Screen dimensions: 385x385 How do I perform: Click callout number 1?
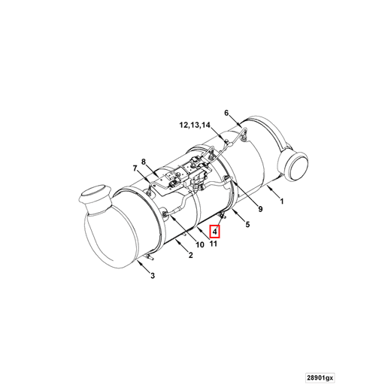click(280, 202)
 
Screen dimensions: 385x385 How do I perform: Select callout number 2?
click(191, 256)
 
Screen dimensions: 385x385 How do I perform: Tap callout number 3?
click(153, 276)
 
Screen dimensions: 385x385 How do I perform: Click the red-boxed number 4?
click(214, 234)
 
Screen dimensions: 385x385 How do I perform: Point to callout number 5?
click(248, 223)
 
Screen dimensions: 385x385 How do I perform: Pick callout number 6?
click(226, 113)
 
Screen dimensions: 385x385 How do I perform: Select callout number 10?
click(200, 244)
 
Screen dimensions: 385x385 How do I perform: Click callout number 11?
click(214, 244)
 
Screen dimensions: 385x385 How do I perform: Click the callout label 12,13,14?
click(195, 124)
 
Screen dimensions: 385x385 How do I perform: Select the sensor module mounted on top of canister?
click(184, 174)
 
